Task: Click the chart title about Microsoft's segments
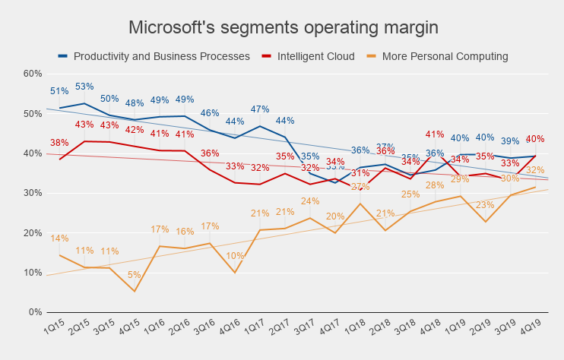[283, 27]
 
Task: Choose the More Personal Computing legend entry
[445, 56]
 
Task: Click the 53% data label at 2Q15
[84, 87]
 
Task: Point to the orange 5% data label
[135, 275]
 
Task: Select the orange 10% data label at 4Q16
[235, 256]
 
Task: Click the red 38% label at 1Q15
[59, 142]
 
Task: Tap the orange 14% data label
[59, 238]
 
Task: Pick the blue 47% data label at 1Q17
[260, 109]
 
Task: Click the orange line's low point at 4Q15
[135, 291]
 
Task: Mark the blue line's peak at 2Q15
[84, 103]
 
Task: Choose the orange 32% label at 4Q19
[535, 170]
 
